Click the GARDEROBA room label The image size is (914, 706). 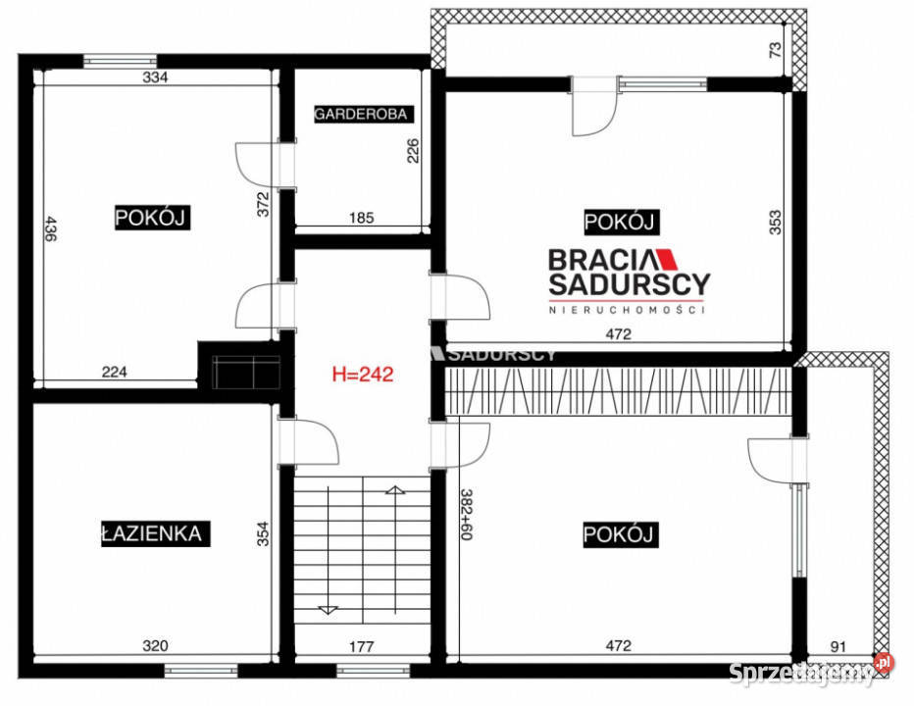coord(360,115)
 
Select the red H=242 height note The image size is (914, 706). coord(363,374)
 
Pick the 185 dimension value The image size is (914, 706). coord(362,219)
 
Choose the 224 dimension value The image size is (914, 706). coord(115,371)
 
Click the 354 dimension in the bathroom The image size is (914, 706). coord(262,533)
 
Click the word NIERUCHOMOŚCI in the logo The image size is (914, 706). coord(628,309)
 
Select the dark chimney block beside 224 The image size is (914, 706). coord(239,367)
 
